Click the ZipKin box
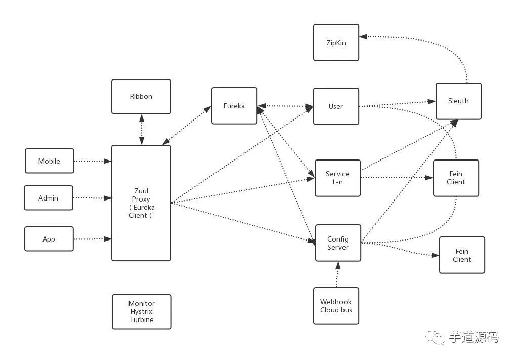[x=336, y=43]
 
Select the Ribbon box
[x=141, y=96]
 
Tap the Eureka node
[x=234, y=106]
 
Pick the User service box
[x=336, y=106]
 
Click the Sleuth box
[x=458, y=101]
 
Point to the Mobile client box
[x=50, y=161]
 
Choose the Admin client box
[x=49, y=198]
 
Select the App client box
[x=49, y=239]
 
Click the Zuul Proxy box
[x=141, y=203]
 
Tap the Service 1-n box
[x=337, y=178]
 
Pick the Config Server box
[x=338, y=243]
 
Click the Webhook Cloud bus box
[x=336, y=306]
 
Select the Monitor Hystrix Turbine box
[x=142, y=312]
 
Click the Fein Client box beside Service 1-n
[x=456, y=178]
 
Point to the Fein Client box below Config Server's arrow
[x=462, y=255]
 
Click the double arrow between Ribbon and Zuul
[x=141, y=130]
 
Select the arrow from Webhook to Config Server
[x=337, y=274]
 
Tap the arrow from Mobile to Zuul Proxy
[x=93, y=161]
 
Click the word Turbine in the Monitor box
[x=142, y=320]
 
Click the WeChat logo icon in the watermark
[x=435, y=337]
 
